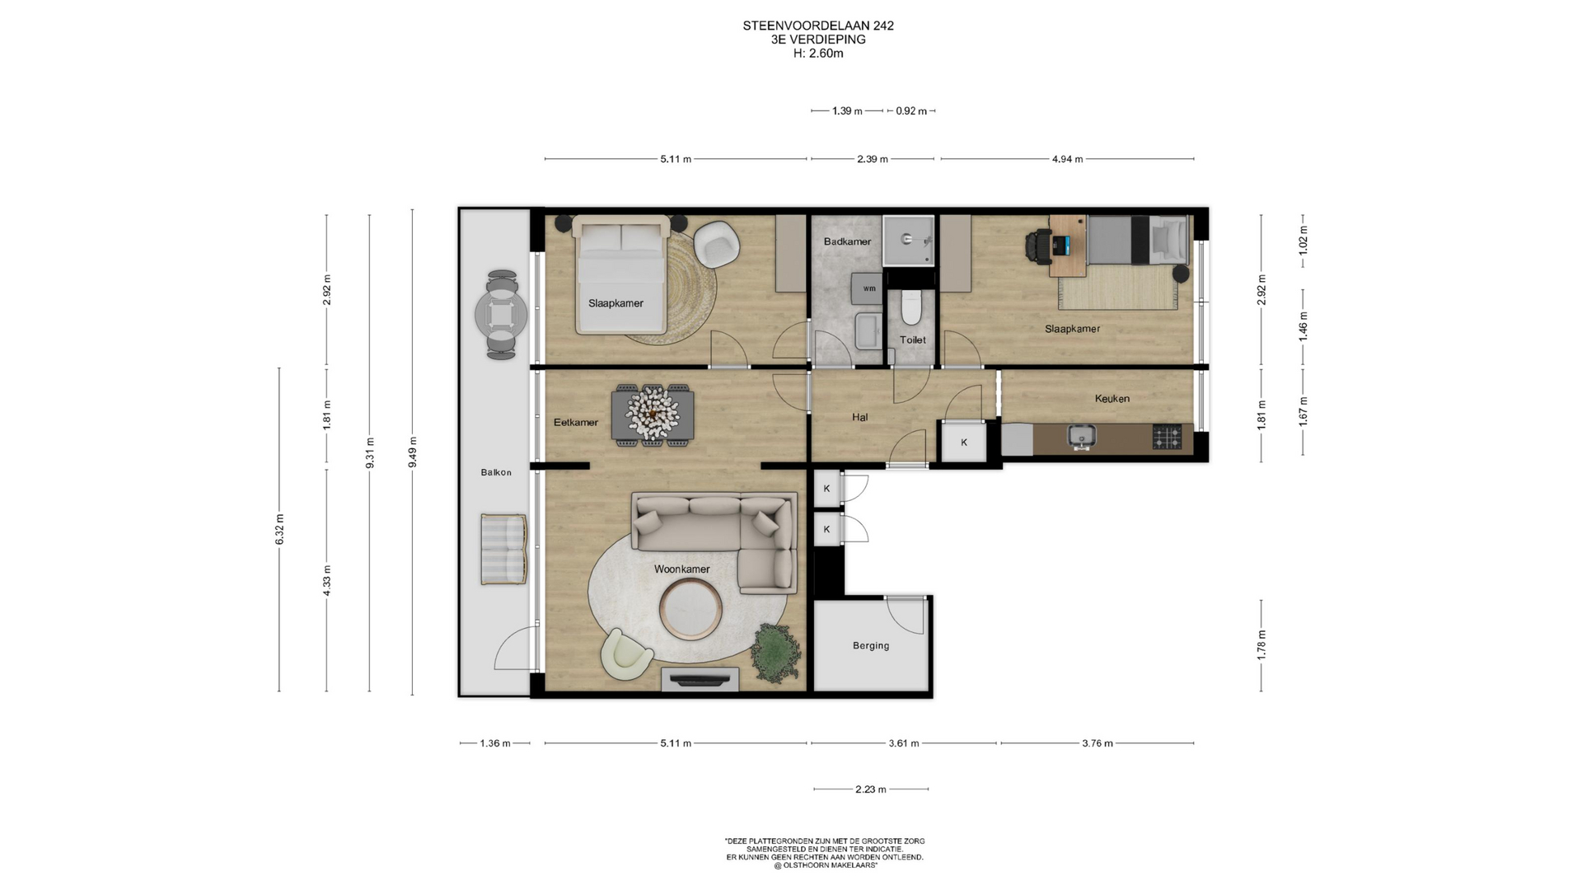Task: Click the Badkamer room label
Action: (847, 241)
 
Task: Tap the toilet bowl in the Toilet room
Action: (910, 307)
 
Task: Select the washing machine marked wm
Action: (868, 288)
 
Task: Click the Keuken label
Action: (1112, 399)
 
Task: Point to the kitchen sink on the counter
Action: (1080, 437)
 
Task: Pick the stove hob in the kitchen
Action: (1166, 437)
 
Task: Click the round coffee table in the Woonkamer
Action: (692, 609)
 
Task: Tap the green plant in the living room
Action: (775, 649)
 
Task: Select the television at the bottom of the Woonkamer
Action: (700, 680)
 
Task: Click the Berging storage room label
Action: (871, 646)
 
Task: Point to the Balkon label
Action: (496, 473)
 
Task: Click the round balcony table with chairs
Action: (501, 314)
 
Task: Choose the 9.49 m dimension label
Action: (413, 452)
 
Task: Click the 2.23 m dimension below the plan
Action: (871, 789)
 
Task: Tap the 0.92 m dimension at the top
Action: (911, 111)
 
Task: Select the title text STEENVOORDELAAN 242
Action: (818, 26)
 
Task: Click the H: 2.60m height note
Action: (818, 54)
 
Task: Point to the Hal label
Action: (860, 417)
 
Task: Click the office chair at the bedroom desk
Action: (1037, 246)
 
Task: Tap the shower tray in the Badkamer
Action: (909, 241)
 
